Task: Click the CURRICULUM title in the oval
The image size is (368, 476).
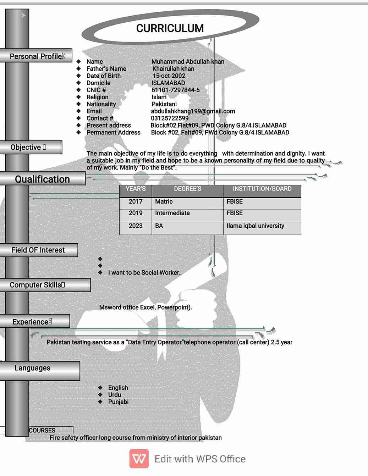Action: point(170,28)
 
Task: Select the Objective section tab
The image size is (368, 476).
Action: point(28,147)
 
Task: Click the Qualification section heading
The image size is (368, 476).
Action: point(42,179)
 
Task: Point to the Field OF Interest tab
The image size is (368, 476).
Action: point(38,250)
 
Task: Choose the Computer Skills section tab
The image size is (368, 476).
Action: point(37,285)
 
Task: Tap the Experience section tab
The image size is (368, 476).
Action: point(32,322)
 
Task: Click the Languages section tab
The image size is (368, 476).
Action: point(32,368)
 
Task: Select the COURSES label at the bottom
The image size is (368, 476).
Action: point(42,430)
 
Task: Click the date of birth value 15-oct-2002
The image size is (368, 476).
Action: point(169,76)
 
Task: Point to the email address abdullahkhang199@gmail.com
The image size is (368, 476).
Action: point(193,111)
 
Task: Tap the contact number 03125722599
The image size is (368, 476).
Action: point(170,118)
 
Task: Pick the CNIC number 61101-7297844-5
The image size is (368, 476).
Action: point(175,90)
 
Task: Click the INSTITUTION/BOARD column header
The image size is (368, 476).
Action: point(262,189)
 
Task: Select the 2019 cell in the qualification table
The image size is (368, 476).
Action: point(136,213)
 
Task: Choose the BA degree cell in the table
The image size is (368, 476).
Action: point(159,226)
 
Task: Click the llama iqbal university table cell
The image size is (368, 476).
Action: point(255,226)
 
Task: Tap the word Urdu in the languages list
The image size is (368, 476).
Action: point(115,395)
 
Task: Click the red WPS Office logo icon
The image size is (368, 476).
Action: point(139,459)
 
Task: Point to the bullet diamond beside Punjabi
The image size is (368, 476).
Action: point(100,402)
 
